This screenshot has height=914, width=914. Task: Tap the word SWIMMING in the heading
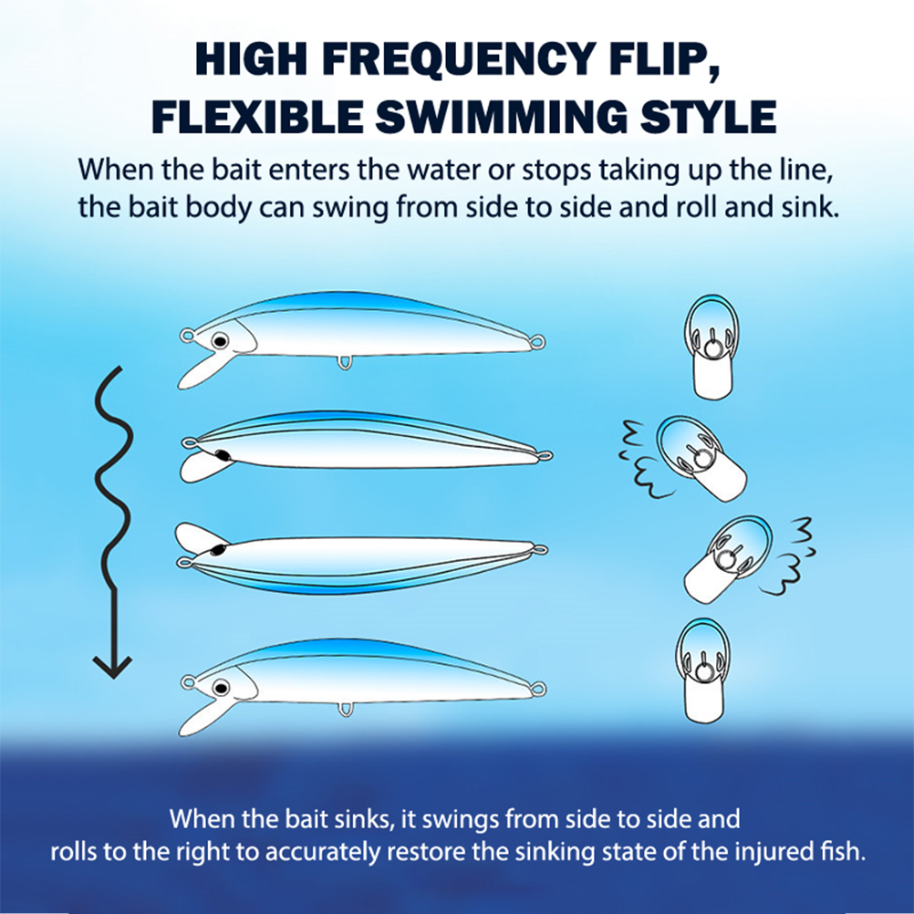tap(502, 117)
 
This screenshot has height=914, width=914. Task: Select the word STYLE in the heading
tap(708, 117)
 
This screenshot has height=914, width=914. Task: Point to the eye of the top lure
tap(220, 340)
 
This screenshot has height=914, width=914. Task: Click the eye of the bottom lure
tap(221, 689)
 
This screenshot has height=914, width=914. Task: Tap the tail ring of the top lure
tap(538, 341)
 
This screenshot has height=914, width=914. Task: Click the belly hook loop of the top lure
tap(345, 362)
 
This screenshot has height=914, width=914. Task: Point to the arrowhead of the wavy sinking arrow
tap(112, 668)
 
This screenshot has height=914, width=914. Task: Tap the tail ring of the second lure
tap(545, 455)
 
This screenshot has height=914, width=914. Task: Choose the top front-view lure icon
tap(711, 347)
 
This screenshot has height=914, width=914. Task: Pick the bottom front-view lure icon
tap(703, 670)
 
